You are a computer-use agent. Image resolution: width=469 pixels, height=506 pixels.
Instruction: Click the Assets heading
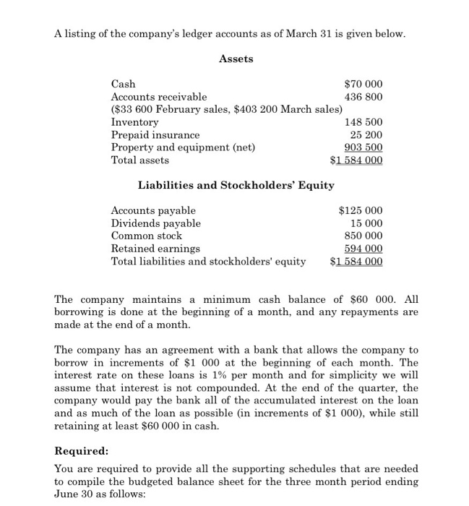click(x=236, y=59)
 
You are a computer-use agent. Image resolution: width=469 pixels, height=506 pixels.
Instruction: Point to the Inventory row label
click(x=134, y=123)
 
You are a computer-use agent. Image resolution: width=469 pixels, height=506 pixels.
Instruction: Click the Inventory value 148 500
click(x=366, y=123)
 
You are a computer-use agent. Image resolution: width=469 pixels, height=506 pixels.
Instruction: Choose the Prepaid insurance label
click(x=155, y=135)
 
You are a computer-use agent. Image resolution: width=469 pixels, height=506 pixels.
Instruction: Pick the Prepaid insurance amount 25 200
click(x=366, y=135)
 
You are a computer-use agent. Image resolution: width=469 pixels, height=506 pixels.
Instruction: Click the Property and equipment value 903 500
click(x=366, y=147)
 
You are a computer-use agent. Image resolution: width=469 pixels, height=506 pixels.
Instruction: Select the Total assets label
click(x=140, y=160)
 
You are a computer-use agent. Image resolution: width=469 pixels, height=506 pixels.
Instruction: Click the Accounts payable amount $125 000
click(x=361, y=210)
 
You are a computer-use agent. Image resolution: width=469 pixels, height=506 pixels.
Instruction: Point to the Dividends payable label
click(x=155, y=223)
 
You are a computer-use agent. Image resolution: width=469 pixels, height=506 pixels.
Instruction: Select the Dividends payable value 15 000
click(x=369, y=223)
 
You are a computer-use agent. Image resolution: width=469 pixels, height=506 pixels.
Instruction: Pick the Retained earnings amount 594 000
click(x=366, y=249)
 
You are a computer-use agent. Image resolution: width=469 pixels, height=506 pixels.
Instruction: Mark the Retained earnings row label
click(x=155, y=249)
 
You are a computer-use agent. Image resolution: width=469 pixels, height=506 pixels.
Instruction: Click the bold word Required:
click(x=82, y=450)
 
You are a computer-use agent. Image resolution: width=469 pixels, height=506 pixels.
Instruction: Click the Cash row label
click(x=123, y=84)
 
